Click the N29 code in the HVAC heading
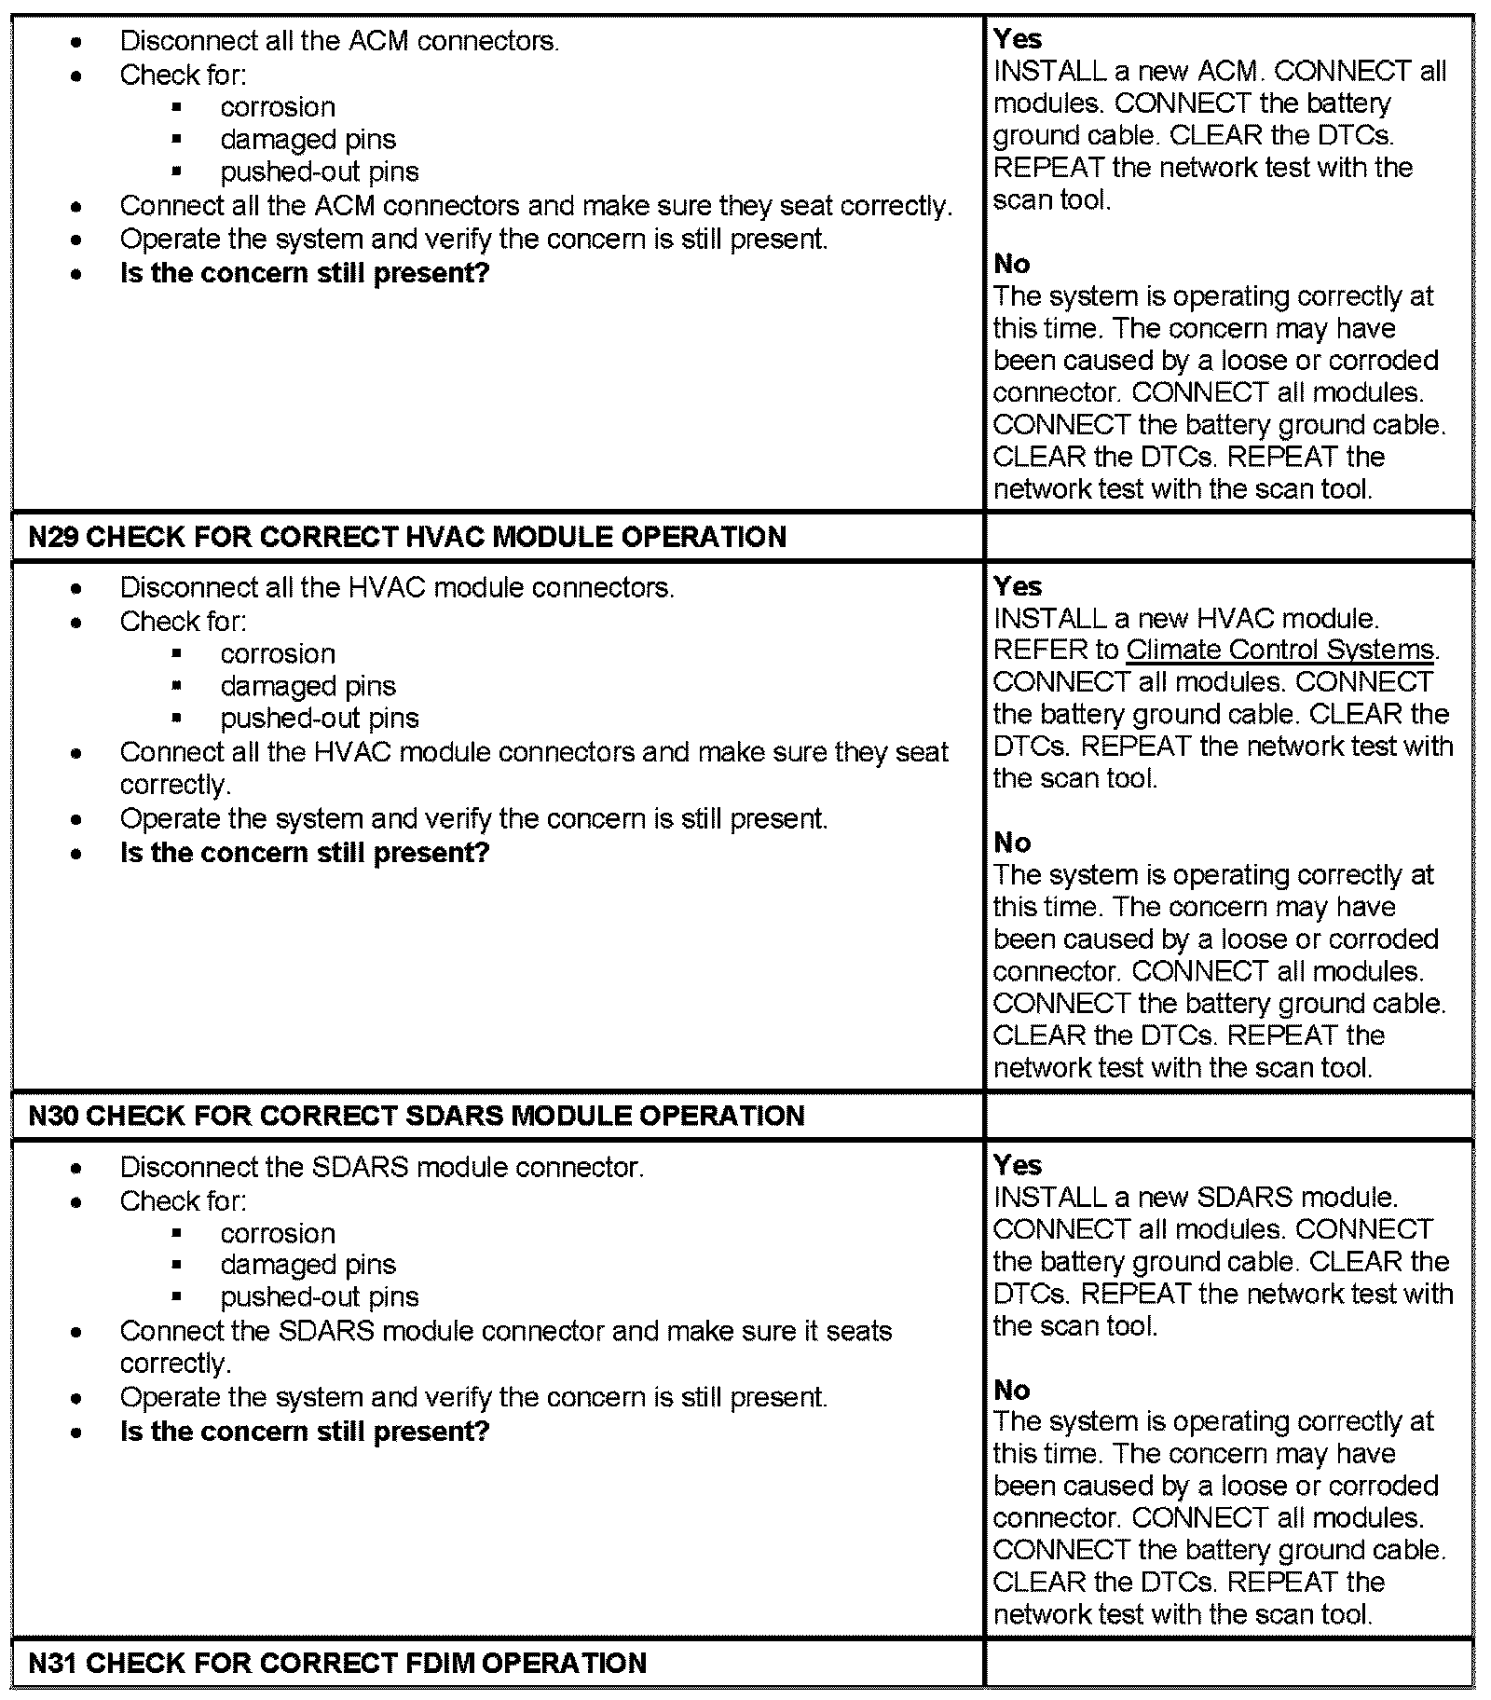53,537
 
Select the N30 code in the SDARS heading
53,1116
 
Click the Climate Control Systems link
1280,650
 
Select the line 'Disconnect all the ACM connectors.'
339,41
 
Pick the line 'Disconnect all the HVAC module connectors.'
397,588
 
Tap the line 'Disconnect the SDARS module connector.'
381,1167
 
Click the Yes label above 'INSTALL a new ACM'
1018,39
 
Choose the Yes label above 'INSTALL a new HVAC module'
1018,586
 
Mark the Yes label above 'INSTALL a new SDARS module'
1018,1165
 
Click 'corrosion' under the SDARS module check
278,1233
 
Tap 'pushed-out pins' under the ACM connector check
320,171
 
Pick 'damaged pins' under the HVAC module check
308,686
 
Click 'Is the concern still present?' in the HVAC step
305,853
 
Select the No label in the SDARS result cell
1012,1390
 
